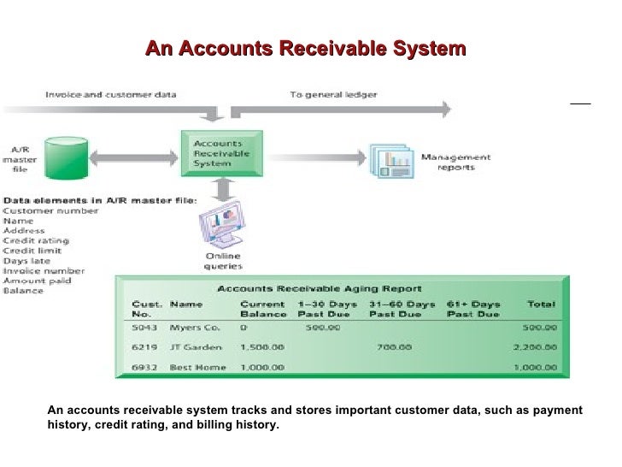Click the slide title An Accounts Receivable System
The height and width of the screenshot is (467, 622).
click(x=305, y=49)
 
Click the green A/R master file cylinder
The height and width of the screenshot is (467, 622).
click(x=67, y=157)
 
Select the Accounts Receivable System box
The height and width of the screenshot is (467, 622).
click(x=226, y=154)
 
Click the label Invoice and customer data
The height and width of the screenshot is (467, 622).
click(x=110, y=95)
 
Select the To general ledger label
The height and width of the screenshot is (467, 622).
click(x=332, y=95)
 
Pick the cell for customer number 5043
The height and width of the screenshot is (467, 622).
click(x=144, y=326)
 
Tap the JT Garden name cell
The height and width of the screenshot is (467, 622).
click(x=197, y=347)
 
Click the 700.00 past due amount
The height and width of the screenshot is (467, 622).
click(x=393, y=347)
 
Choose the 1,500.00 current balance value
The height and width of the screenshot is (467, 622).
click(x=261, y=347)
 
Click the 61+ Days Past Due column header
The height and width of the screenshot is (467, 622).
click(x=472, y=309)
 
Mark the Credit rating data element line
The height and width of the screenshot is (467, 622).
click(x=36, y=240)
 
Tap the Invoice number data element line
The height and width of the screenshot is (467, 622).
click(x=44, y=270)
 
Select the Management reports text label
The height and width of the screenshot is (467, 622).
click(x=455, y=162)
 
